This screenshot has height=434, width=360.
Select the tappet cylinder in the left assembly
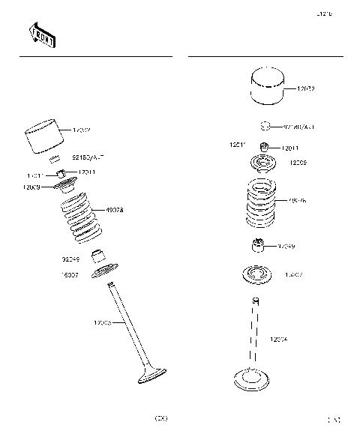point(46,139)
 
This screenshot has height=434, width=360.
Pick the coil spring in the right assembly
point(265,201)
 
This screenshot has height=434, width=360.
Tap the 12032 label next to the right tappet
point(305,89)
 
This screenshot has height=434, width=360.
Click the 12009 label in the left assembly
point(33,187)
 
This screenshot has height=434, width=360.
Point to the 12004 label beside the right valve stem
point(280,340)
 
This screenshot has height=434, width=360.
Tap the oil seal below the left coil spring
point(97,256)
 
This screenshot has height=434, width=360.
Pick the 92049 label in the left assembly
point(70,259)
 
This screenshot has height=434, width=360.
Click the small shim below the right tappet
point(265,127)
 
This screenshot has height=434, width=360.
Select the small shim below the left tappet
point(55,158)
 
